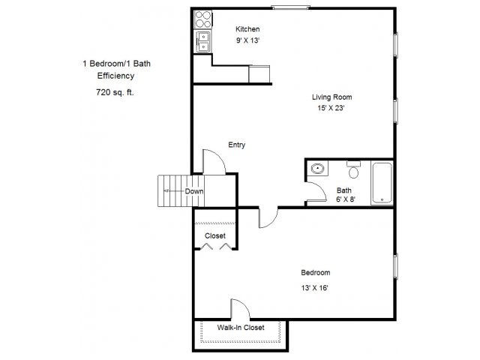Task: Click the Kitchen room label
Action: click(x=247, y=29)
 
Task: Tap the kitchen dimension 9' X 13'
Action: click(x=247, y=40)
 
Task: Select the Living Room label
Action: click(x=331, y=97)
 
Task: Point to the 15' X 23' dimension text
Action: click(x=331, y=108)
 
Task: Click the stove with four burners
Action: click(x=203, y=19)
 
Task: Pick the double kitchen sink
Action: click(x=203, y=42)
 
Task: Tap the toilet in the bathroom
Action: click(x=353, y=170)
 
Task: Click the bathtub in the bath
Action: click(x=382, y=183)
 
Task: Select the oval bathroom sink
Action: click(x=317, y=168)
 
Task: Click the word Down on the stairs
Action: click(x=194, y=191)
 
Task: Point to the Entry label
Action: click(x=237, y=145)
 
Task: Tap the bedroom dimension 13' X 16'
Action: click(x=315, y=288)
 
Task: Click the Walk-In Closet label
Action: click(x=241, y=328)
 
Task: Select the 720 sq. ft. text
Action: click(x=115, y=92)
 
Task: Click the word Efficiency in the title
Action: click(x=115, y=76)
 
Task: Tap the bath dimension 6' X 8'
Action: click(x=346, y=199)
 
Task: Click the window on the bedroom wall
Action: click(x=395, y=266)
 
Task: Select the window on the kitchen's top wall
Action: click(x=290, y=7)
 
